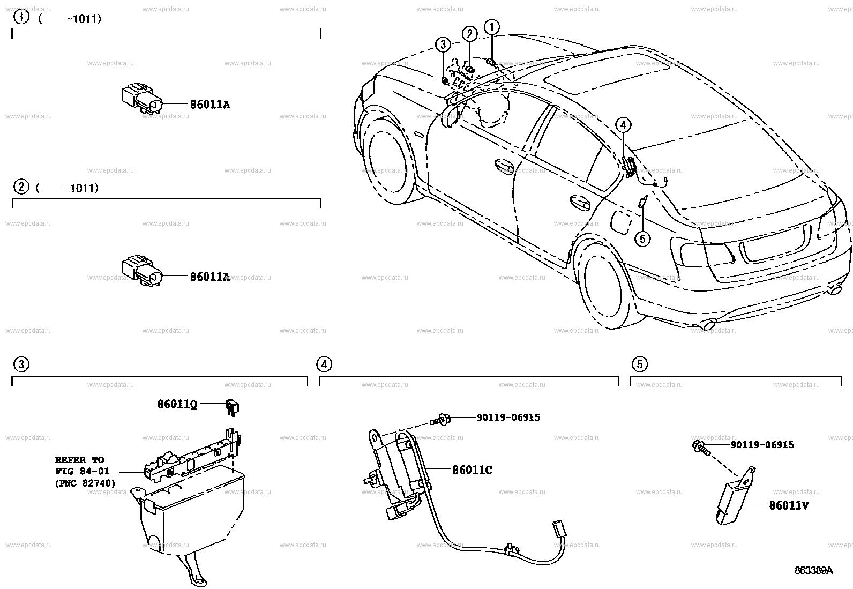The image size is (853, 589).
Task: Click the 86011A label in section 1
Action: (209, 105)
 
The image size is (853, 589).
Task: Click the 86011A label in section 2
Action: (209, 277)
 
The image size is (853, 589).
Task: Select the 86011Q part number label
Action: (177, 404)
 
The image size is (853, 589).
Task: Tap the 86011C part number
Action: (472, 470)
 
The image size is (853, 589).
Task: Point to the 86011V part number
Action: (789, 505)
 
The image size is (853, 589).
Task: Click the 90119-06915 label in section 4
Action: (508, 417)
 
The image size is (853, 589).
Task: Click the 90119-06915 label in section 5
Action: (762, 445)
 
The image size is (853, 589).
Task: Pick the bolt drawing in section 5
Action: (701, 448)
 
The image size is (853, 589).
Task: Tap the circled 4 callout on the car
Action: (622, 125)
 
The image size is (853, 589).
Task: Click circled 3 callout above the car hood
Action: (443, 44)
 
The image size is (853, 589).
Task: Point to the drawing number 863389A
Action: (813, 571)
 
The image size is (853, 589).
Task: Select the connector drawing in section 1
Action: (141, 100)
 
